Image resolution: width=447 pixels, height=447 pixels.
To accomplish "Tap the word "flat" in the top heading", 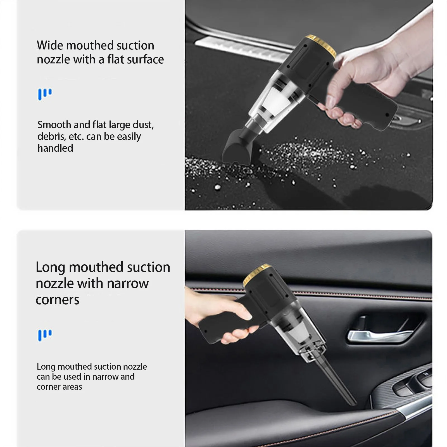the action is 115,59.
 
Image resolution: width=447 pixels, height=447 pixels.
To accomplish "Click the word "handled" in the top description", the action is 55,148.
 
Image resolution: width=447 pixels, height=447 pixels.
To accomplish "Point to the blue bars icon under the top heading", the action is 45,94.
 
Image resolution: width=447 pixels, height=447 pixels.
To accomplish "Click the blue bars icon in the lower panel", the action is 45,335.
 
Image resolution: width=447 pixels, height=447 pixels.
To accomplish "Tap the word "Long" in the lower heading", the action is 50,267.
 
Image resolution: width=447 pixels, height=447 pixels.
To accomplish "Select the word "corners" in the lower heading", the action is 58,300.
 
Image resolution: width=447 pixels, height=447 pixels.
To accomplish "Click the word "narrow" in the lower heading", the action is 128,284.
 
